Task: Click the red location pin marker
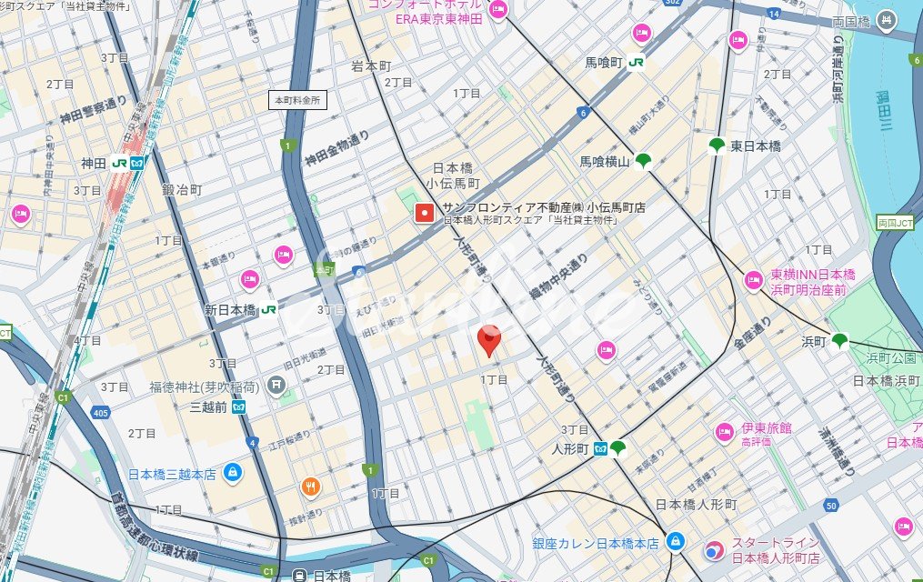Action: click(x=489, y=340)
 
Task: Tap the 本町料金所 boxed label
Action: click(x=298, y=101)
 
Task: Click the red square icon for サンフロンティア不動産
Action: click(x=424, y=213)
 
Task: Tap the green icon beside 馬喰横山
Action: click(x=644, y=162)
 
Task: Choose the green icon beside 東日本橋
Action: click(x=717, y=145)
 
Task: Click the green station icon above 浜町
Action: click(x=839, y=341)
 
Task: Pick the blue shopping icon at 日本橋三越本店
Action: click(x=233, y=473)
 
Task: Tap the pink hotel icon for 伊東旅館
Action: click(x=724, y=431)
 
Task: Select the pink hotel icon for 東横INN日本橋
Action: click(x=753, y=280)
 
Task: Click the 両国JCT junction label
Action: click(x=896, y=223)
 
